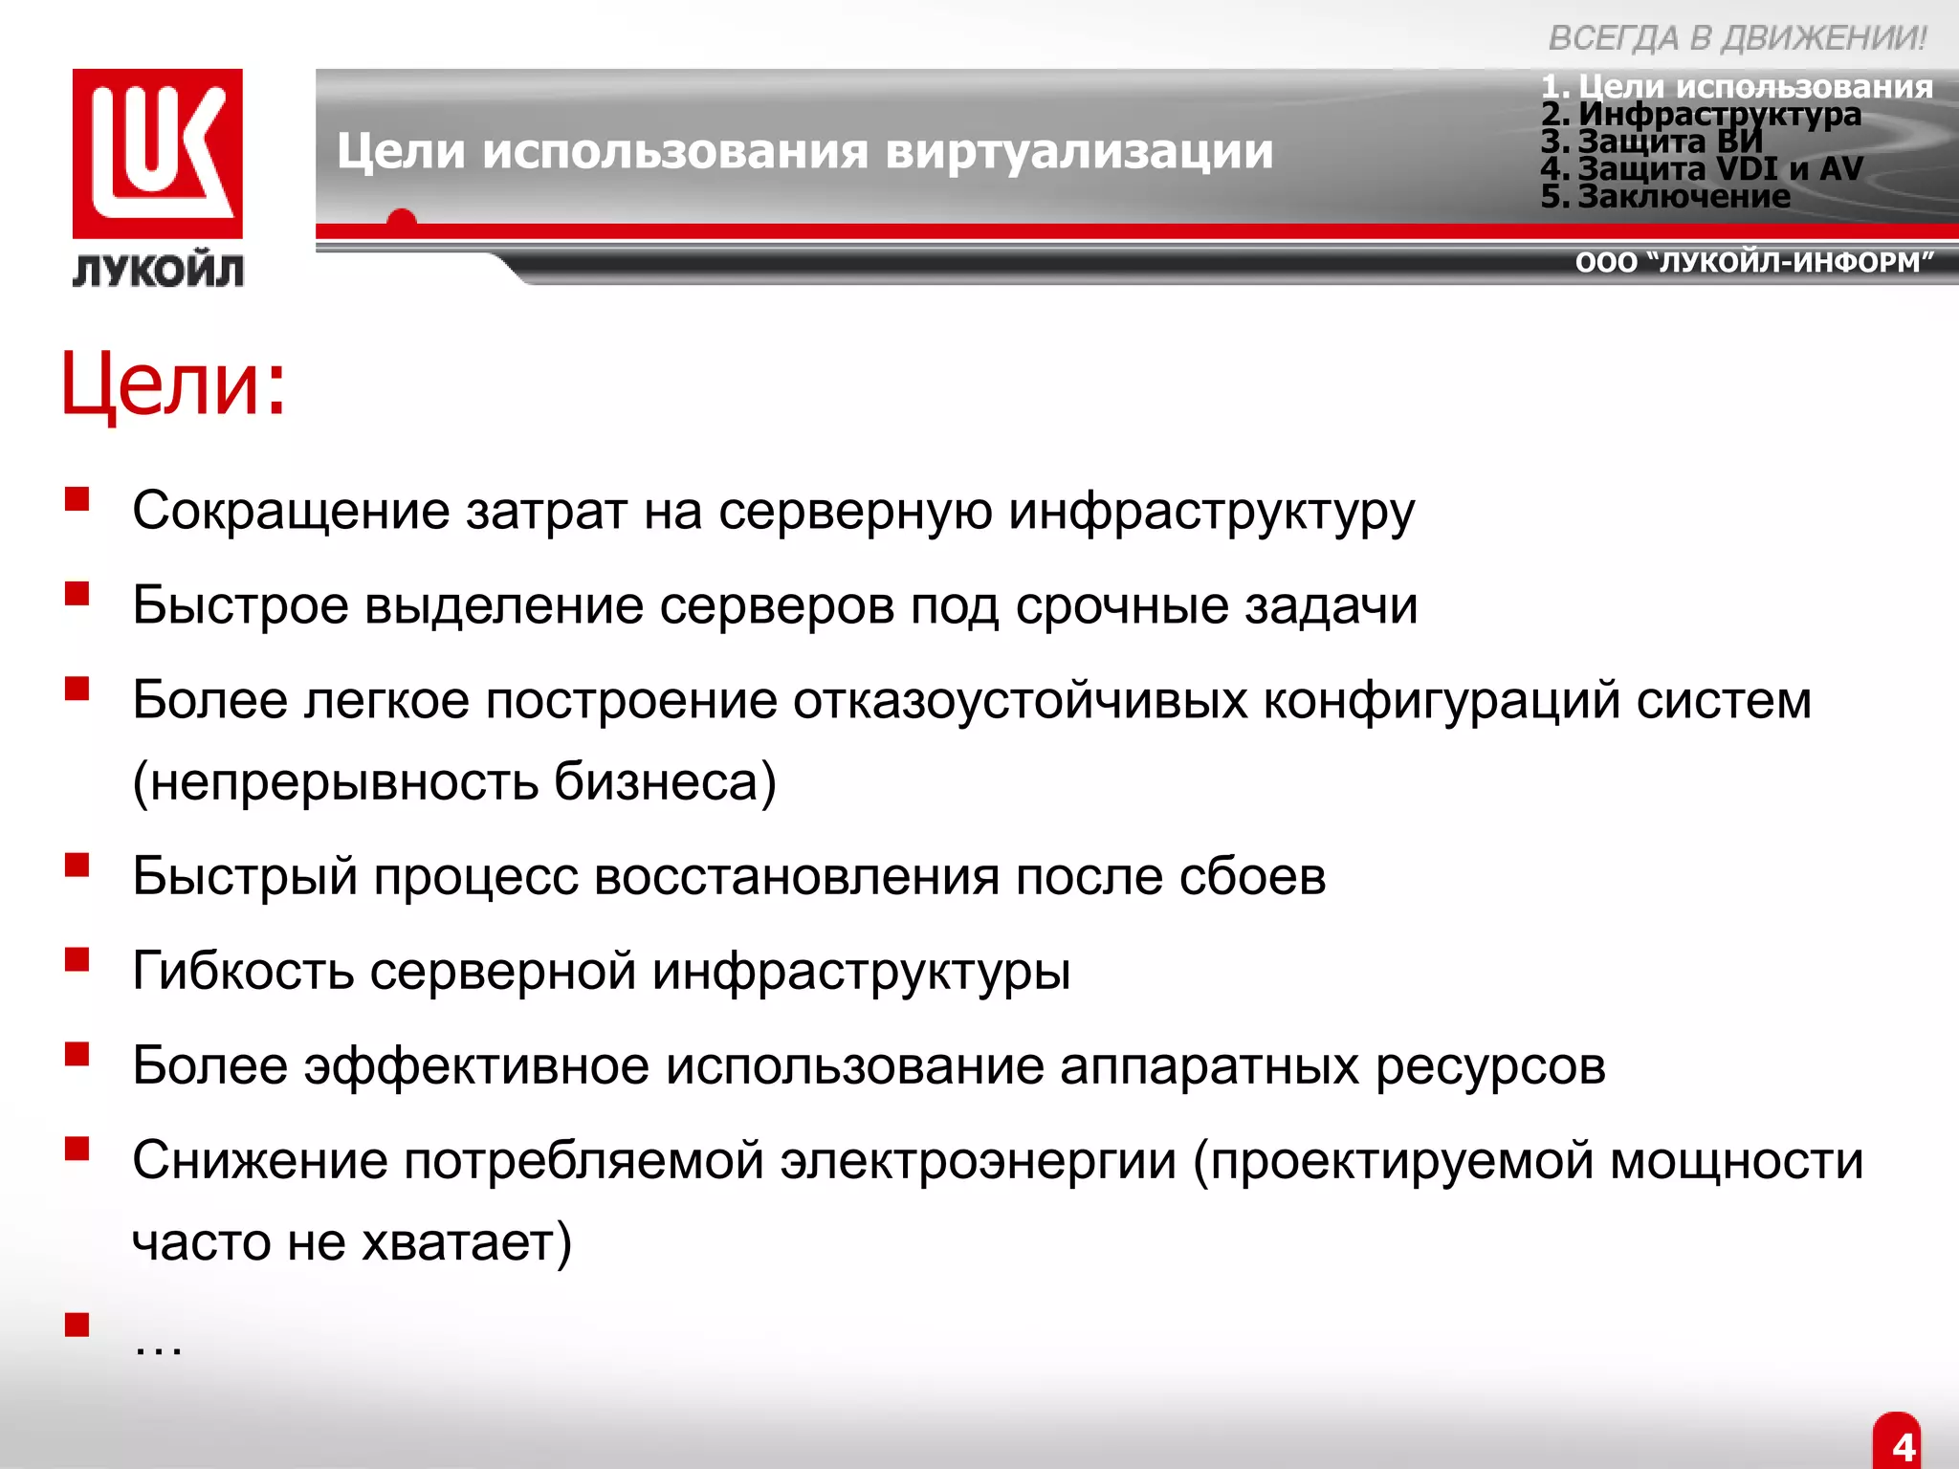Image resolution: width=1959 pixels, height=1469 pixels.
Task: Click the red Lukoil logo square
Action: point(158,153)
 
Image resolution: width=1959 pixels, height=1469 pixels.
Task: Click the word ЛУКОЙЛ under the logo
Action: point(158,272)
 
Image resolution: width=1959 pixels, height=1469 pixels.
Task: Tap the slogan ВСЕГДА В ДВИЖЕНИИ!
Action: point(1737,38)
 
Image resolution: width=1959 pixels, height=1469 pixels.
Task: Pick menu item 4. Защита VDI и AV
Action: point(1702,169)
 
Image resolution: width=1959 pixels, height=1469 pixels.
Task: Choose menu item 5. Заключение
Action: point(1665,196)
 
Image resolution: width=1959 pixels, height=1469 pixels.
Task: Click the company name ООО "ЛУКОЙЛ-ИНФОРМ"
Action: point(1754,262)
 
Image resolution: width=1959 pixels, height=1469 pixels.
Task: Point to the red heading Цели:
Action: point(173,384)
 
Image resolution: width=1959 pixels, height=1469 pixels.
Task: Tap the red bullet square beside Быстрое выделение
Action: point(77,594)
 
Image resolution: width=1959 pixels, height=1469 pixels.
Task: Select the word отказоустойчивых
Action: point(1020,700)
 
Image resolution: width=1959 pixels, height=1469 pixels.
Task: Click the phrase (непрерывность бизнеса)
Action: point(454,781)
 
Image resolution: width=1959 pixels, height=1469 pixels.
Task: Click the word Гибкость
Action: point(243,971)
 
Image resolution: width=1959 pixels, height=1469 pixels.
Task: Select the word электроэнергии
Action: point(978,1160)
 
